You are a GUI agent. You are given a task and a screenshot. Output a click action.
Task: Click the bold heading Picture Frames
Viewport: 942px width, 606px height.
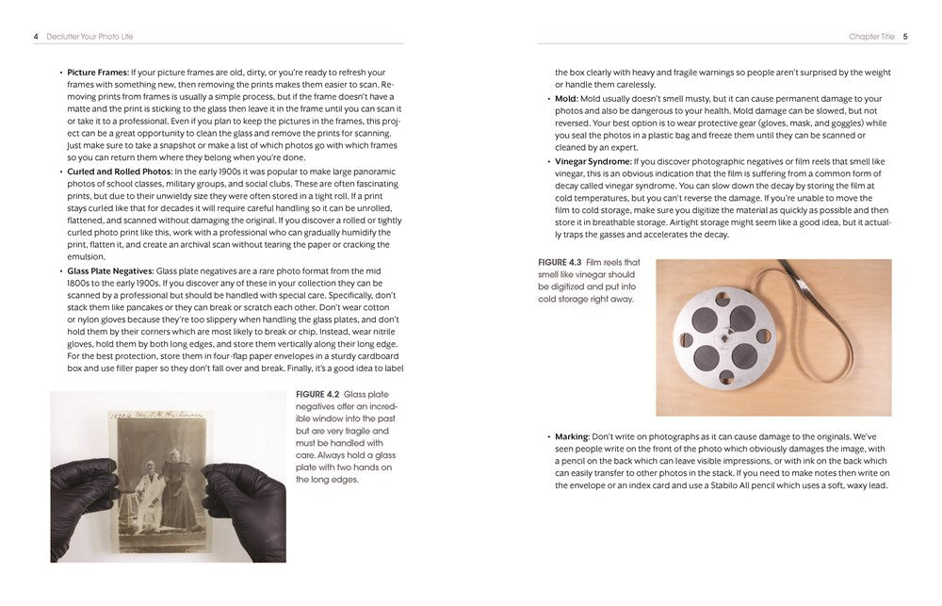point(97,73)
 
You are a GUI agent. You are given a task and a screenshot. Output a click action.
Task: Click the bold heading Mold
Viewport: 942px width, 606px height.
point(566,98)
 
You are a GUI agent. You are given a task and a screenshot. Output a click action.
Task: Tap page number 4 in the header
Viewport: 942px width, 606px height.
point(36,37)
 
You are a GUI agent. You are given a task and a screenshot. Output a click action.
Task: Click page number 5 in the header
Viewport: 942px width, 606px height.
point(905,37)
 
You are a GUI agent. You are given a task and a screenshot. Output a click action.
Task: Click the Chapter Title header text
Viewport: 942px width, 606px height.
point(870,37)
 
